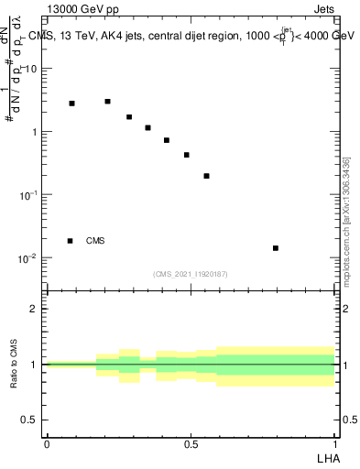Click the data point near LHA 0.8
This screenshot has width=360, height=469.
point(275,248)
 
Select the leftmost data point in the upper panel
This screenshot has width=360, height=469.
point(71,104)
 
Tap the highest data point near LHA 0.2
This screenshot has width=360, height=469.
point(107,102)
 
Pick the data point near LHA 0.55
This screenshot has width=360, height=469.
point(206,176)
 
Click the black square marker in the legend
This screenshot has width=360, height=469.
point(71,241)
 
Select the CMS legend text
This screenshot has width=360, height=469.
point(95,241)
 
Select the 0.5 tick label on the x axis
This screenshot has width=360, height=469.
point(191,443)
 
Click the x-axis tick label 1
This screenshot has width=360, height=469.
point(335,443)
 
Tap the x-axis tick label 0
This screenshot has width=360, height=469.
point(47,443)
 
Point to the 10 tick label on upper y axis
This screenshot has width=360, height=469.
point(31,70)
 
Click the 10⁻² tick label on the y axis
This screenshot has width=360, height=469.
point(29,258)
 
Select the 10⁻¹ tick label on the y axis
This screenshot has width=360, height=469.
point(29,195)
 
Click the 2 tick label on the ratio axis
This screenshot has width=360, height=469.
point(33,309)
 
